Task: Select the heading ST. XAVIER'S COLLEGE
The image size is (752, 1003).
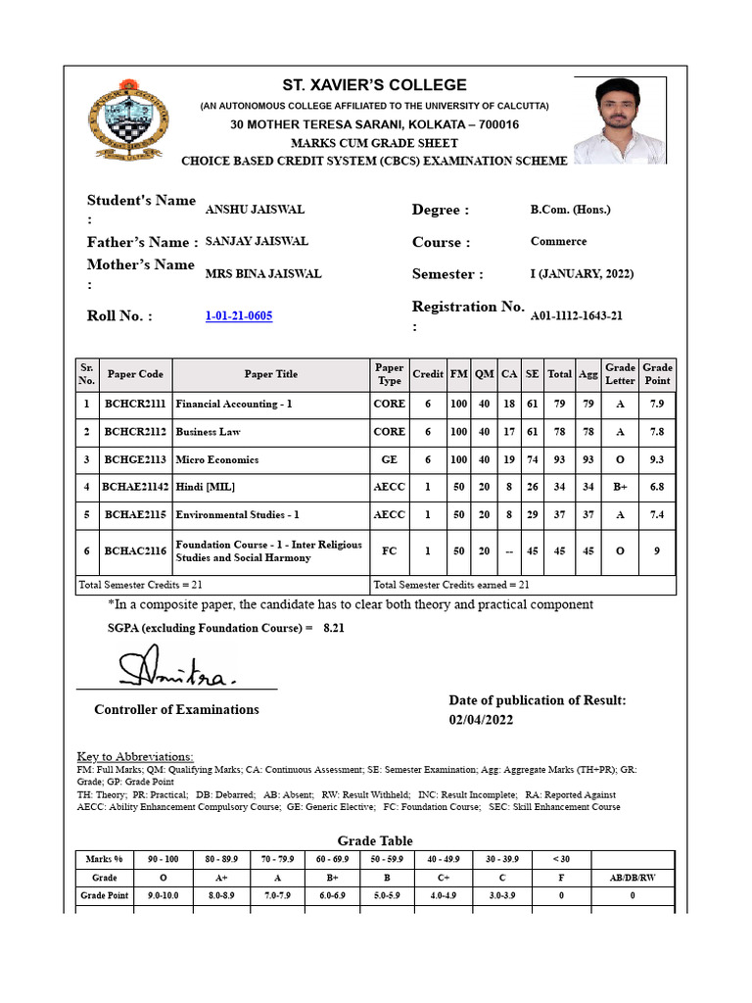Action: click(375, 85)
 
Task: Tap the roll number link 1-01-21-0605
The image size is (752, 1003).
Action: click(239, 315)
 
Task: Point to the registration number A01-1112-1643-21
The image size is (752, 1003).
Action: click(577, 315)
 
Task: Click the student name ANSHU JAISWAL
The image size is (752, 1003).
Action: click(255, 210)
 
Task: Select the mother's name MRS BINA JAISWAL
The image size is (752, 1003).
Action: click(262, 274)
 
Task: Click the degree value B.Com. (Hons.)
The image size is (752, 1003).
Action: click(570, 210)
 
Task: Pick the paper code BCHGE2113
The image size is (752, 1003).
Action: click(136, 459)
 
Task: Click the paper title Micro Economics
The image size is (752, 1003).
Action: click(217, 459)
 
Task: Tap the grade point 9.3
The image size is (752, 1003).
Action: click(657, 459)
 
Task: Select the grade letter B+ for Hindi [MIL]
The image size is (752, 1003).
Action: click(620, 487)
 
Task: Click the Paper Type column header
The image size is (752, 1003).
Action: click(389, 374)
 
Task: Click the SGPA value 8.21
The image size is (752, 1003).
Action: click(334, 627)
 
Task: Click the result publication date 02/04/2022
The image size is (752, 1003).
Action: click(481, 720)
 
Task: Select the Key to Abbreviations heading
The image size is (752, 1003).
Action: click(135, 756)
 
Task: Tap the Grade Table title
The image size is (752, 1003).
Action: click(375, 840)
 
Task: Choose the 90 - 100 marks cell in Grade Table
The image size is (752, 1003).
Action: click(163, 859)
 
